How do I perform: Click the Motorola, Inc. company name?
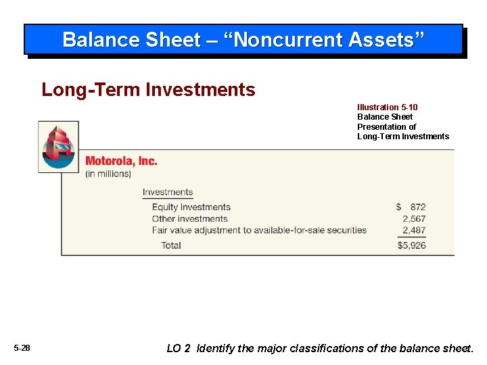(x=121, y=161)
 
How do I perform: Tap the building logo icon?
(x=58, y=147)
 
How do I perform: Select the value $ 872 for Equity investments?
(x=411, y=207)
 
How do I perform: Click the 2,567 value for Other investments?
(x=414, y=219)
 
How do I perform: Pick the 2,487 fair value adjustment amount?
(x=414, y=230)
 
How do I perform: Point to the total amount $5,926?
(x=412, y=245)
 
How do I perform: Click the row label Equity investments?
(x=191, y=207)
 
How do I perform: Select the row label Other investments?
(x=189, y=219)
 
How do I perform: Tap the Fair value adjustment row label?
(x=259, y=230)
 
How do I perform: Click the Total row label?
(x=171, y=245)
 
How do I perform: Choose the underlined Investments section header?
(x=168, y=193)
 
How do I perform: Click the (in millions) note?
(x=108, y=174)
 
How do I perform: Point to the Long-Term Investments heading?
(x=148, y=89)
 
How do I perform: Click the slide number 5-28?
(x=22, y=348)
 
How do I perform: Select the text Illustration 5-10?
(x=388, y=107)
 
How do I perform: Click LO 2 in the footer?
(x=178, y=348)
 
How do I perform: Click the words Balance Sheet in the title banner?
(x=131, y=40)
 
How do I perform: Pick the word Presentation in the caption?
(x=386, y=127)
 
